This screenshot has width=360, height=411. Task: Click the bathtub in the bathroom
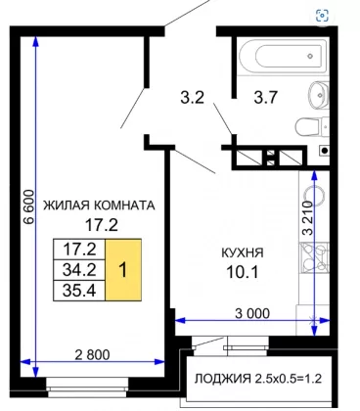coord(283,56)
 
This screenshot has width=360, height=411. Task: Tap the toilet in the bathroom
coord(312,127)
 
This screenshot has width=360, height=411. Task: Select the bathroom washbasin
coord(319,94)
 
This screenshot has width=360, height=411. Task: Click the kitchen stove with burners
coord(314,258)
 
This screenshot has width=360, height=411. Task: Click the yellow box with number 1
coord(123,270)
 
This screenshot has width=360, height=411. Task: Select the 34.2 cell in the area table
coord(79,270)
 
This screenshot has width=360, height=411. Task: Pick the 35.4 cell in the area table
coord(79,291)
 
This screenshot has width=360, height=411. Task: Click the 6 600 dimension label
coord(29,206)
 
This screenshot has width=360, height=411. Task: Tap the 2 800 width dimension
coord(92,354)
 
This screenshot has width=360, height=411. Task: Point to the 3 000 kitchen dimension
coord(252,313)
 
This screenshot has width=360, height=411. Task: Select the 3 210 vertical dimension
coord(307,218)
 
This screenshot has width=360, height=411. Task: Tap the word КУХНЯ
coord(243,252)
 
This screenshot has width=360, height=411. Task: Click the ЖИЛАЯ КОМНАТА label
coord(99,205)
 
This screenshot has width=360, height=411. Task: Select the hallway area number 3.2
coord(193,97)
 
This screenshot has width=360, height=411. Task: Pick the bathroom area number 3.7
coord(266,97)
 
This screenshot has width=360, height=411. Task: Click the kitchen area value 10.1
coord(243,272)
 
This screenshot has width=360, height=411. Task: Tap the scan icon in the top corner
coord(322,15)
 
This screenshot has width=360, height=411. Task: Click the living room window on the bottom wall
coord(87,388)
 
